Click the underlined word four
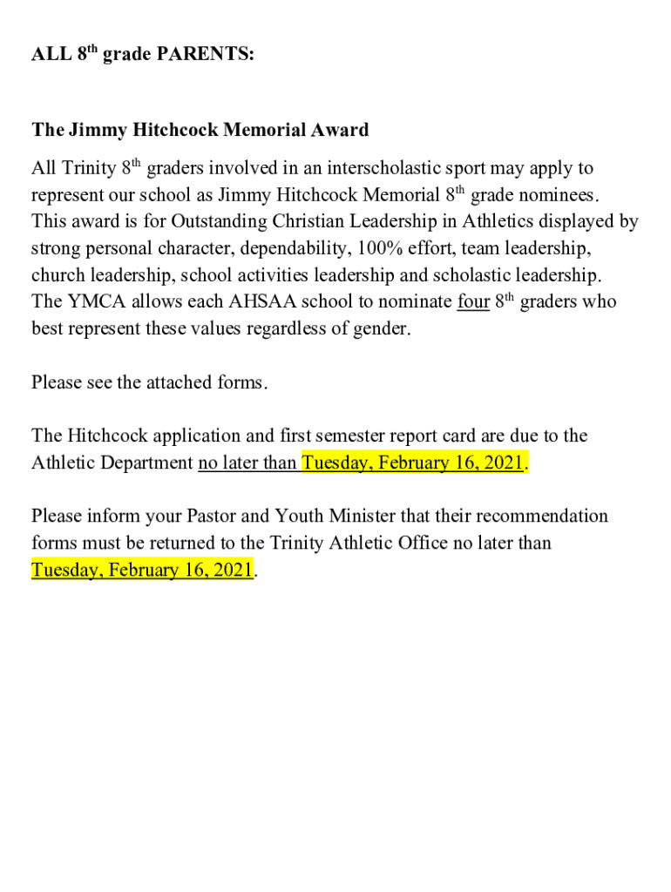coord(472,302)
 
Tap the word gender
coord(382,329)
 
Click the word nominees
coord(558,194)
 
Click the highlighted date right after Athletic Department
coord(413,463)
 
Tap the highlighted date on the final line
coord(142,571)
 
